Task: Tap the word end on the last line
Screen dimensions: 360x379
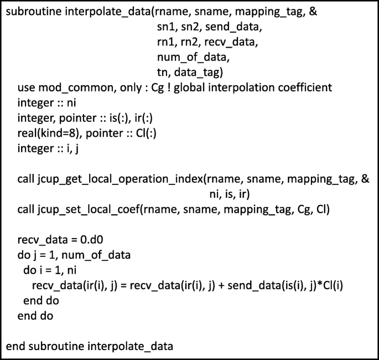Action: click(x=14, y=347)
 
